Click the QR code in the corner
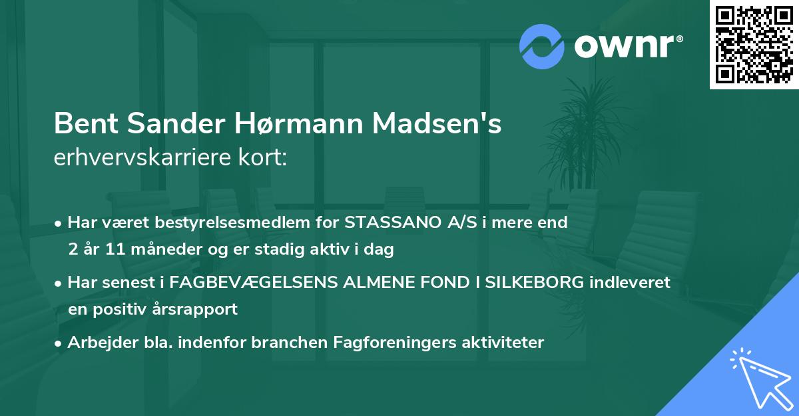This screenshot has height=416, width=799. tap(754, 45)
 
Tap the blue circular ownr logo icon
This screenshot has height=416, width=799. tap(541, 47)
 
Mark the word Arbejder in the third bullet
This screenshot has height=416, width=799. tap(96, 343)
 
